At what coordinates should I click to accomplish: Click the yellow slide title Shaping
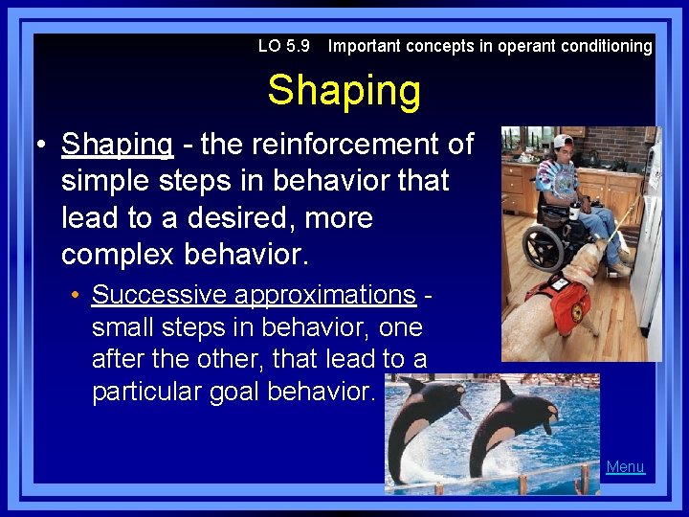point(344,91)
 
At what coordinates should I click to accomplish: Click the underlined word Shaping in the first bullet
point(117,144)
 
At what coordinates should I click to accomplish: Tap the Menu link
point(625,467)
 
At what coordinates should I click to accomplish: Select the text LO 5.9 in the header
point(285,46)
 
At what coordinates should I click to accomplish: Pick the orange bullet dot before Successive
point(75,295)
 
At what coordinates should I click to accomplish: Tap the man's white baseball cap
point(563,141)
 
